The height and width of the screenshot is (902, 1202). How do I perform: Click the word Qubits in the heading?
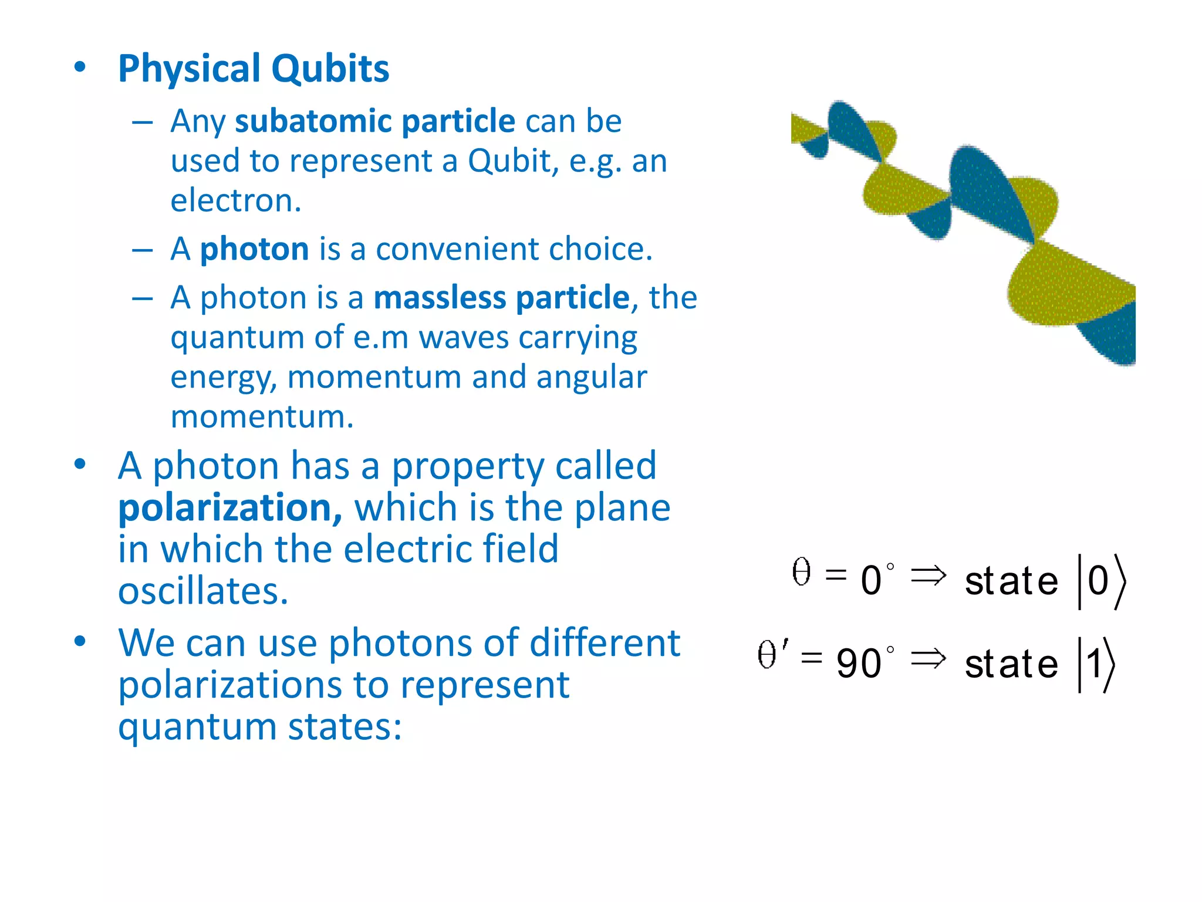[330, 69]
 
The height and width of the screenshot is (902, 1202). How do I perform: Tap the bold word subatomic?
[313, 121]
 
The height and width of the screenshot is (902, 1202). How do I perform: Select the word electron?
[235, 200]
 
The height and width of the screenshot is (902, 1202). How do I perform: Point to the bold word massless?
[438, 297]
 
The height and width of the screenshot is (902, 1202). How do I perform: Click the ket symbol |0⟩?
[1101, 581]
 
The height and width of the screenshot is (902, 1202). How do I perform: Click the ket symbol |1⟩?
[1096, 664]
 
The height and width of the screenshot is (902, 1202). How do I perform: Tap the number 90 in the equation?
[858, 664]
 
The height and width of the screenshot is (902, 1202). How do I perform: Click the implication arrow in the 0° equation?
[928, 575]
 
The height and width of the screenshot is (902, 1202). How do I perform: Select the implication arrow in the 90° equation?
[928, 659]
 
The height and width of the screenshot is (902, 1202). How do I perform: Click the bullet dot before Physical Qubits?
[80, 66]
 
